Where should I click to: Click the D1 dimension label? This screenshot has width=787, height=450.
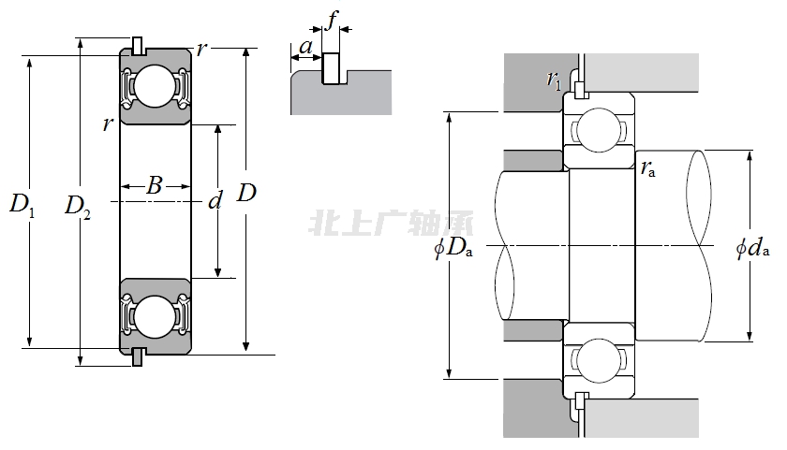(x=22, y=203)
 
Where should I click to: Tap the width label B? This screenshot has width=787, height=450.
(x=156, y=186)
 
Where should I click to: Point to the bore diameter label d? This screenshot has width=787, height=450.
(x=215, y=199)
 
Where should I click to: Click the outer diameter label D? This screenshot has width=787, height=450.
(x=246, y=194)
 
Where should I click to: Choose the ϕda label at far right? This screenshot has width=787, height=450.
(x=752, y=248)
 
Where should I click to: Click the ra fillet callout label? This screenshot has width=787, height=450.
(x=648, y=168)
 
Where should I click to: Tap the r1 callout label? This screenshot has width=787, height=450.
(x=555, y=80)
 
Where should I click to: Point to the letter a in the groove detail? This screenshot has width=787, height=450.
(x=305, y=46)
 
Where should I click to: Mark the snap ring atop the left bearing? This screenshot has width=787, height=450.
(x=138, y=45)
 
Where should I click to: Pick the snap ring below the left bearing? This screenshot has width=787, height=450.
(x=138, y=357)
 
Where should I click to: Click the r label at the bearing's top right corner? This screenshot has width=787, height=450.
(x=202, y=49)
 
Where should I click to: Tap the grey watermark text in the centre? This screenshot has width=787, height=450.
(x=391, y=223)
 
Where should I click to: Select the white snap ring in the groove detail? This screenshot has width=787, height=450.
(x=331, y=69)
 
